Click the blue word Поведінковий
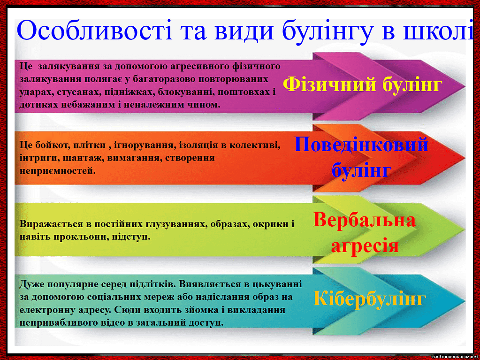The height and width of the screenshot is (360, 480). click(361, 144)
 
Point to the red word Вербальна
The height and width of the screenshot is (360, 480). click(364, 220)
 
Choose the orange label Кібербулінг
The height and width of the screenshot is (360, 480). click(369, 299)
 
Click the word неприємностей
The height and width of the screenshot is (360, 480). click(58, 171)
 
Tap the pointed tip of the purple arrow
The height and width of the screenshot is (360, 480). click(465, 87)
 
